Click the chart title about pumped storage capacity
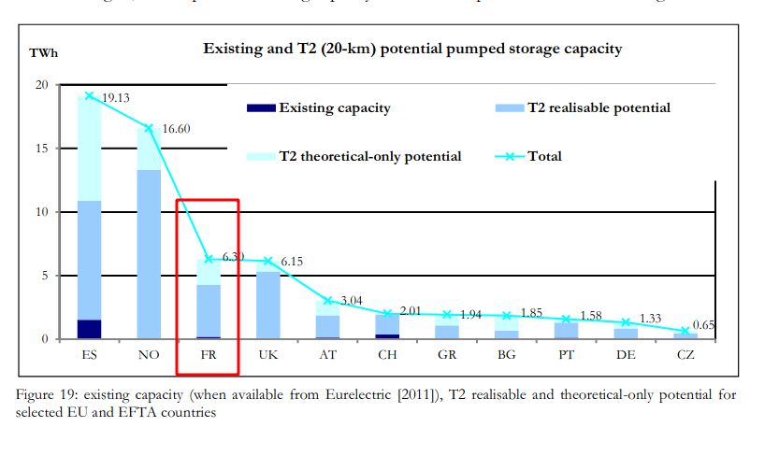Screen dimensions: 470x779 pyautogui.click(x=412, y=48)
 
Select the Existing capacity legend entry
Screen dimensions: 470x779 pyautogui.click(x=334, y=107)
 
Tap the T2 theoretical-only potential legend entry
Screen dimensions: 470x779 pyautogui.click(x=369, y=156)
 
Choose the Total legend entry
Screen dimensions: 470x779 pyautogui.click(x=543, y=156)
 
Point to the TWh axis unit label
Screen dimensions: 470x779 pyautogui.click(x=42, y=53)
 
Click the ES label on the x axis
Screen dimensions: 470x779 pyautogui.click(x=89, y=356)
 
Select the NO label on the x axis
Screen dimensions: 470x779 pyautogui.click(x=148, y=356)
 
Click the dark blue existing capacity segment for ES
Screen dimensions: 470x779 pyautogui.click(x=90, y=329)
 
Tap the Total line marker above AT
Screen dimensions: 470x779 pyautogui.click(x=327, y=301)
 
